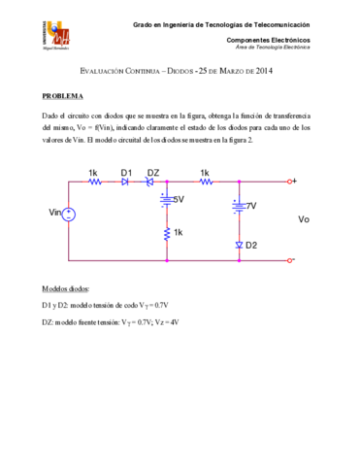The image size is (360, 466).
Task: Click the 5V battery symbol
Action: coord(167,201)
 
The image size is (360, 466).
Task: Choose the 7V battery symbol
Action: coord(239,206)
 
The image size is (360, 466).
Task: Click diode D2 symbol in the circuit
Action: coord(239,245)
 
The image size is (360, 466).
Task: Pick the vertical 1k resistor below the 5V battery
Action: coord(167,234)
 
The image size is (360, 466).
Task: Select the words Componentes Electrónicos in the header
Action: coord(268,39)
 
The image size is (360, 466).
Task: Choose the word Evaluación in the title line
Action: coord(104,71)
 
